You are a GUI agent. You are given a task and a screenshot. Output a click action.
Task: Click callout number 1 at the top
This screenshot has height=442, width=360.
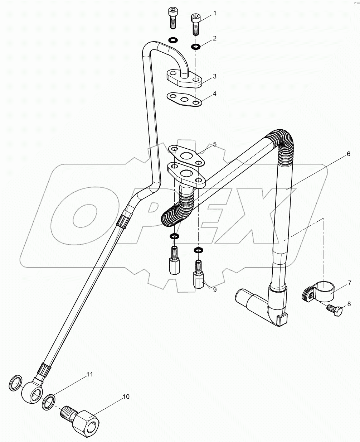pyautogui.click(x=215, y=14)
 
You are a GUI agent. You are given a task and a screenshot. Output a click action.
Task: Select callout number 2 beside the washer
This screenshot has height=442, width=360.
pyautogui.click(x=215, y=38)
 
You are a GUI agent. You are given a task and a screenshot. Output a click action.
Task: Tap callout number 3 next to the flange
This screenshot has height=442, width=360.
pyautogui.click(x=215, y=76)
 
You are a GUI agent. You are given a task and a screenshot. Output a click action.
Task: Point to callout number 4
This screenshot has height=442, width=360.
pyautogui.click(x=215, y=94)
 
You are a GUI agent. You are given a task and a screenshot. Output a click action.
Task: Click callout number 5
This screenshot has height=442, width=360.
pyautogui.click(x=215, y=144)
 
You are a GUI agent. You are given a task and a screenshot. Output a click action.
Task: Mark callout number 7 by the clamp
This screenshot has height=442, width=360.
pyautogui.click(x=349, y=283)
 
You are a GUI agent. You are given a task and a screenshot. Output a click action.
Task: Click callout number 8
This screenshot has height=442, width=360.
pyautogui.click(x=349, y=304)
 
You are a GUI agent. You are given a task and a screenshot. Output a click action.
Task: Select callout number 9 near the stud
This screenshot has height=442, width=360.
pyautogui.click(x=215, y=290)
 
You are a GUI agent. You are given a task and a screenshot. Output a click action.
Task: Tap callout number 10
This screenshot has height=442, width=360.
pyautogui.click(x=126, y=397)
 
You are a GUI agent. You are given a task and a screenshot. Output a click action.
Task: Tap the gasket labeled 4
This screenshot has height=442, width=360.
pyautogui.click(x=184, y=99)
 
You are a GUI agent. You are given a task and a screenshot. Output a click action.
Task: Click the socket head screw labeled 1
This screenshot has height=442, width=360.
pyautogui.click(x=195, y=23)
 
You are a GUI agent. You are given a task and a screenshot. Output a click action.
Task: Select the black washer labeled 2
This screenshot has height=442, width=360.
pyautogui.click(x=196, y=46)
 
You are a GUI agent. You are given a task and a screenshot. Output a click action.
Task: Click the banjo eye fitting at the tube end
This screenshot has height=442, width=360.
pyautogui.click(x=32, y=394)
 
